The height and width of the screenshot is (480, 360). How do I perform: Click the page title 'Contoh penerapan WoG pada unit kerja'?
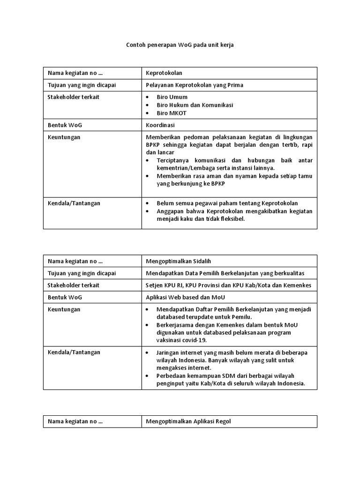point(180,45)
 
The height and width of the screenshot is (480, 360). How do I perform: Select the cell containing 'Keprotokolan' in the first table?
point(164,73)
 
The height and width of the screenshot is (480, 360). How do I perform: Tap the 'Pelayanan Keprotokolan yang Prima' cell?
point(195,85)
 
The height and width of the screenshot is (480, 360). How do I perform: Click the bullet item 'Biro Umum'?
point(172,97)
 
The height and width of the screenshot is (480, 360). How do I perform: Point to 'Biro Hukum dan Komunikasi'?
point(195,105)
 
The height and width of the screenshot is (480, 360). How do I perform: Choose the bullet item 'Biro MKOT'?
point(172,113)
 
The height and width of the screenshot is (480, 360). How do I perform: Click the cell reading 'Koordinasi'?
point(161,126)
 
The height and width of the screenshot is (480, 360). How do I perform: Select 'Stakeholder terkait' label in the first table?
point(73,97)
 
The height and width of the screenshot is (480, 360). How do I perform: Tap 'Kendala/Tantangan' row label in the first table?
point(74,203)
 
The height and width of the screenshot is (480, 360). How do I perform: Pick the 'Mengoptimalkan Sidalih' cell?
point(182,261)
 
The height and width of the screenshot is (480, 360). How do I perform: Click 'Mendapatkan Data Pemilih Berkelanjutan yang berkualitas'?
point(225,273)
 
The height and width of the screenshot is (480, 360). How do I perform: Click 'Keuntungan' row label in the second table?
point(64,309)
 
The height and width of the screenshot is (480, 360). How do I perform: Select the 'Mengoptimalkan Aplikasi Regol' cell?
point(188,421)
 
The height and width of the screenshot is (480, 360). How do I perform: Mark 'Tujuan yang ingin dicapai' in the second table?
point(82,273)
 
